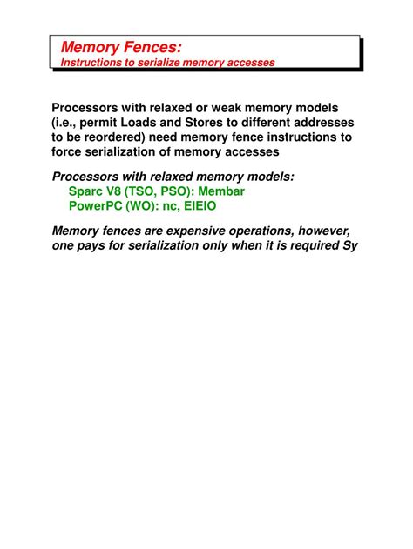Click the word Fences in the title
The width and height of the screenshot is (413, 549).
coord(152,47)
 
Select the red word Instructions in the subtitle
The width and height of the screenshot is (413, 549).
coord(92,63)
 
